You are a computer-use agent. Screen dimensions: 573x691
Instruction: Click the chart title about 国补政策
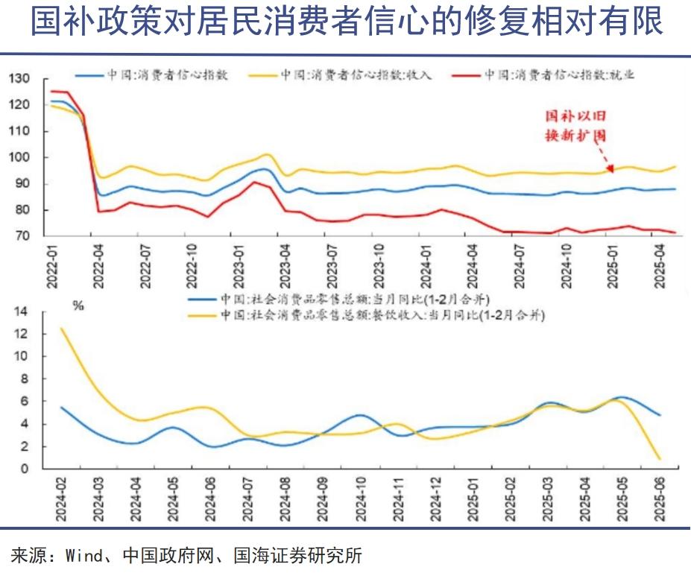(x=346, y=22)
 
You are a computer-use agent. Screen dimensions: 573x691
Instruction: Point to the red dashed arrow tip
(x=610, y=171)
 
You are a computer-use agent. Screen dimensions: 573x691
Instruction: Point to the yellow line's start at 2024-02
(x=61, y=329)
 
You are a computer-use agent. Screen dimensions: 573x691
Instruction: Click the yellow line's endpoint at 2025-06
(x=660, y=459)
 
